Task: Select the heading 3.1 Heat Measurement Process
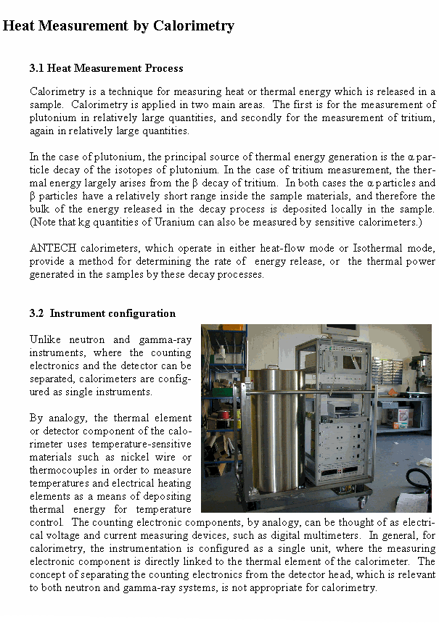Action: tap(106, 68)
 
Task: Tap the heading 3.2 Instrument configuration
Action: tap(102, 313)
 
